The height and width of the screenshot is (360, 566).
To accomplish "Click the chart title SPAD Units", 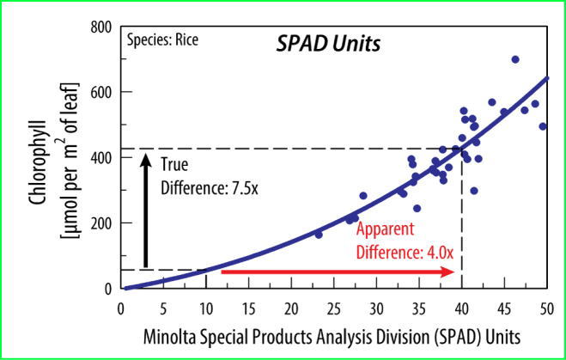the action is (328, 45).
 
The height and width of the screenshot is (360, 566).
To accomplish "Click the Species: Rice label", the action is (162, 40).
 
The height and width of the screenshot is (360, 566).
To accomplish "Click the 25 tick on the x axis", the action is (334, 309).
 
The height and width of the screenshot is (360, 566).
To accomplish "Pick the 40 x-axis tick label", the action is (462, 309).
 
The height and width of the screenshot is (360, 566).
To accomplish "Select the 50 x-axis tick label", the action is (546, 309).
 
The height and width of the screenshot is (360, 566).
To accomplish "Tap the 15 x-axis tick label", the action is (249, 309).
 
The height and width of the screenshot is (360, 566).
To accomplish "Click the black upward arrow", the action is (145, 211).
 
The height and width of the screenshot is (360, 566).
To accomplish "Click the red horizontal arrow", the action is (338, 272).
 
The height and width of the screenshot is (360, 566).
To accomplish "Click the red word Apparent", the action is (385, 230).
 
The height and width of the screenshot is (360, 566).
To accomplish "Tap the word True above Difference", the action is (174, 165).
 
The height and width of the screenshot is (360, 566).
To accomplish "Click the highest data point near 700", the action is (515, 59).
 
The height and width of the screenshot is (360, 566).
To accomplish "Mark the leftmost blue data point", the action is (319, 235).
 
